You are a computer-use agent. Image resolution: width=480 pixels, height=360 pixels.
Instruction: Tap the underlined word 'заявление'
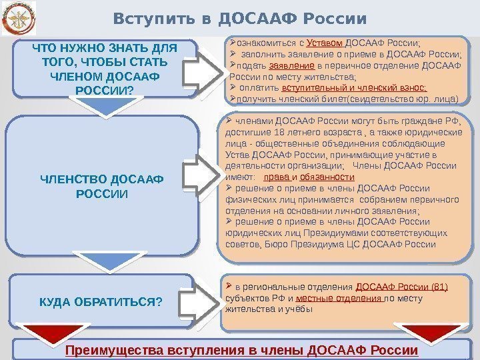[x=292, y=67]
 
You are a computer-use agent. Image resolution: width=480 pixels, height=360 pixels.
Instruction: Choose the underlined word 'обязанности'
[x=327, y=177]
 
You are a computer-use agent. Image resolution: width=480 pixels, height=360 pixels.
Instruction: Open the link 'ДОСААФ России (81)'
[x=401, y=288]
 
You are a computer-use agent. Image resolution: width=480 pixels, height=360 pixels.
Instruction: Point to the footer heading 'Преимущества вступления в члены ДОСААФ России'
[x=240, y=351]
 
